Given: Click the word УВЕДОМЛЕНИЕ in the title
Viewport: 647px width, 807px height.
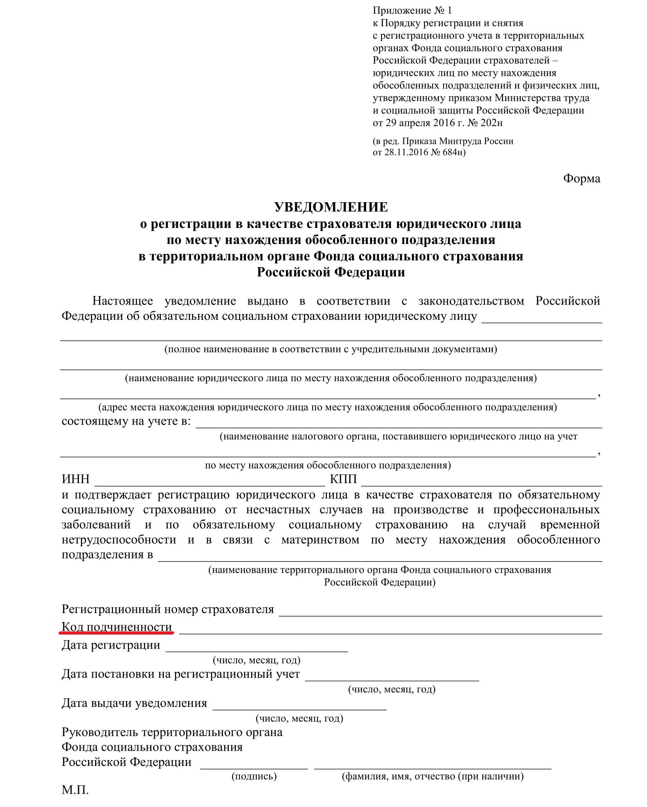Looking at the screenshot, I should click(x=331, y=207).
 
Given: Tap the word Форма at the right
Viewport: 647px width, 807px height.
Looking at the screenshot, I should click(x=581, y=179).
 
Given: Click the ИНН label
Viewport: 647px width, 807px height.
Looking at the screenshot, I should click(x=75, y=479).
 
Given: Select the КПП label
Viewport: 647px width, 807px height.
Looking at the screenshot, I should click(x=343, y=479).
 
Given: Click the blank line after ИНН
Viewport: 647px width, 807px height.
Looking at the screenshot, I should click(x=210, y=484).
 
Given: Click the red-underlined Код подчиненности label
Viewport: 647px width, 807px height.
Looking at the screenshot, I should click(x=117, y=627).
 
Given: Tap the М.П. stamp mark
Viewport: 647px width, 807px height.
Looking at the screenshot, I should click(x=75, y=790).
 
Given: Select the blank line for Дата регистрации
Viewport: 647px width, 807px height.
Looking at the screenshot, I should click(x=257, y=651).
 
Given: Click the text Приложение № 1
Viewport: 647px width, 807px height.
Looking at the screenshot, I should click(x=412, y=11).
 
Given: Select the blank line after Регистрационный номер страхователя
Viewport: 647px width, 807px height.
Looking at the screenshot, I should click(x=440, y=615).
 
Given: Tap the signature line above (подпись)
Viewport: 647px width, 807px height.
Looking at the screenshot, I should click(x=254, y=768).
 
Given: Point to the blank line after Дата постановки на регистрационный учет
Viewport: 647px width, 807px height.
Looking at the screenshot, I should click(x=392, y=680).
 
